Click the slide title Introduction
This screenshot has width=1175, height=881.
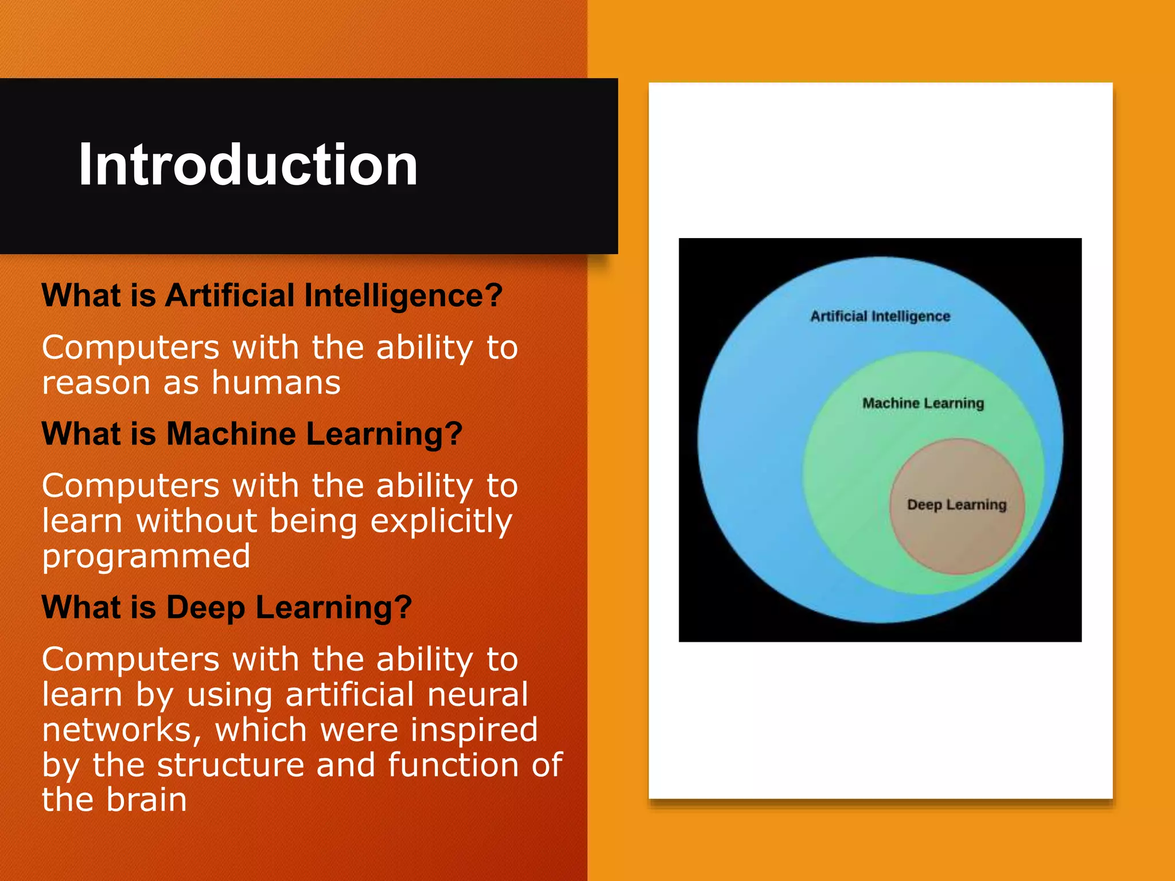(x=248, y=165)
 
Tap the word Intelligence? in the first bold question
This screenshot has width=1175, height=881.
(x=403, y=297)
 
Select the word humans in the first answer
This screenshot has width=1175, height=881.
(x=276, y=383)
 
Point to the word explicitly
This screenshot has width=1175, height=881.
(x=441, y=522)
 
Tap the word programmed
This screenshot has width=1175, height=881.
(x=146, y=557)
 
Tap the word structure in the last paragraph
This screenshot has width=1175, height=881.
(x=230, y=765)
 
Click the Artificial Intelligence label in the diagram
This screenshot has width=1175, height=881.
(x=880, y=317)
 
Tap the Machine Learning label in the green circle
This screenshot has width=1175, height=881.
(x=923, y=403)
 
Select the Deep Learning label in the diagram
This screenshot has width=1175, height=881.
(x=956, y=505)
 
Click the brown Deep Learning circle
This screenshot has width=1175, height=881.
(x=956, y=539)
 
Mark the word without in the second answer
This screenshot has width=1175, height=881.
(x=196, y=521)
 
